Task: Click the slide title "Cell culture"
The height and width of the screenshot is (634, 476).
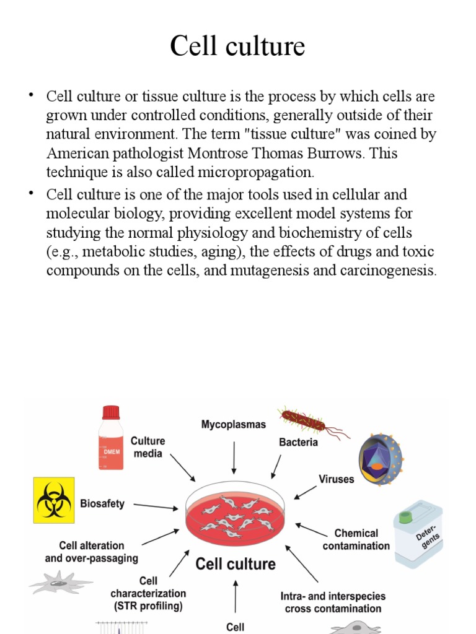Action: click(237, 46)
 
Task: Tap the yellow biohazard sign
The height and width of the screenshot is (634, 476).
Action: click(54, 500)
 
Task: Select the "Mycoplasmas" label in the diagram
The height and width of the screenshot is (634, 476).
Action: click(233, 425)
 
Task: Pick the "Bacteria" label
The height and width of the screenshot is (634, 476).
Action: click(298, 442)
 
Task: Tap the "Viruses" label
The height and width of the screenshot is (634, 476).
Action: click(336, 479)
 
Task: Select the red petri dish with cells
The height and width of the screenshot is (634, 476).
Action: click(236, 511)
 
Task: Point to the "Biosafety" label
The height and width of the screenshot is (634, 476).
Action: click(102, 503)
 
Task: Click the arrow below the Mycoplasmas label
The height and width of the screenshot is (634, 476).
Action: click(234, 458)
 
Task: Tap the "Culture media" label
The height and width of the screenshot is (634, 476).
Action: click(148, 447)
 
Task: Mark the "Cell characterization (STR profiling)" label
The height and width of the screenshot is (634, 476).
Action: click(148, 593)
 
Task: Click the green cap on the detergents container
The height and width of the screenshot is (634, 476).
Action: click(407, 515)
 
